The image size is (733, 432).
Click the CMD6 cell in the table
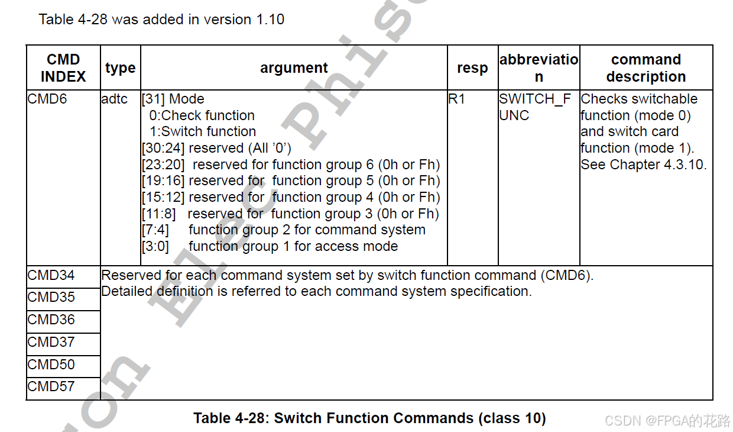pos(47,99)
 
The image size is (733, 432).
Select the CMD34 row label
pos(51,275)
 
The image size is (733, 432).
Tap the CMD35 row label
pos(51,297)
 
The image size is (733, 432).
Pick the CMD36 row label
pos(51,320)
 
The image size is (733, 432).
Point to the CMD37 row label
pos(51,342)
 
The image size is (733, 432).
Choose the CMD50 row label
pos(51,365)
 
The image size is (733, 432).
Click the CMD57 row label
pos(51,386)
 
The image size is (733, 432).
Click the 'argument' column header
pos(294,68)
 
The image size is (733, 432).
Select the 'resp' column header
pos(472,68)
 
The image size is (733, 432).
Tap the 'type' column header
pos(120,68)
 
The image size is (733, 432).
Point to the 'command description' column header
pos(646,68)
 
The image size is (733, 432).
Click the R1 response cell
pos(457,99)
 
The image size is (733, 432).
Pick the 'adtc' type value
pos(114,99)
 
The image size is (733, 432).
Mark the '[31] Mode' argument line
pos(173,99)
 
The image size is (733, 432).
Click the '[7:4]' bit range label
pos(155,230)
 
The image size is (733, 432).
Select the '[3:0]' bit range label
pos(155,246)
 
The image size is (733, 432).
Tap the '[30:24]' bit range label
pos(163,148)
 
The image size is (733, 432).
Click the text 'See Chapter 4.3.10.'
pos(644,165)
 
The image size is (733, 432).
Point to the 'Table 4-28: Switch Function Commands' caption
pos(369,418)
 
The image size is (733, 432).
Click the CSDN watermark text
pos(668,421)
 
